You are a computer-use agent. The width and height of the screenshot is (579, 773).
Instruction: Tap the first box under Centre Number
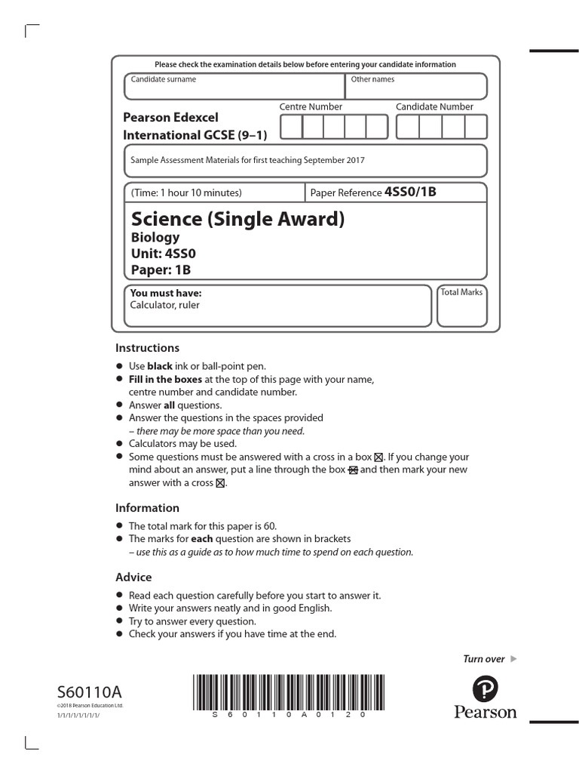[x=291, y=127]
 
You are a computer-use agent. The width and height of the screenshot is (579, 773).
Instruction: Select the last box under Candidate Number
[x=476, y=127]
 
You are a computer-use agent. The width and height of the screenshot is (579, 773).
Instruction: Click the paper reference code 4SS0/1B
[x=410, y=192]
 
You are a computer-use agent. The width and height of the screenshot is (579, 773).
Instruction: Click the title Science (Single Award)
[x=237, y=220]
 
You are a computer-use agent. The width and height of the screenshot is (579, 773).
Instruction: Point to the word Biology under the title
[x=155, y=238]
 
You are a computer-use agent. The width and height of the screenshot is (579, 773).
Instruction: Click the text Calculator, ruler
[x=165, y=305]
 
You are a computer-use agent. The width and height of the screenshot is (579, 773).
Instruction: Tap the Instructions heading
[x=147, y=348]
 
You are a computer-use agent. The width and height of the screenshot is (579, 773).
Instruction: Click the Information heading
[x=147, y=508]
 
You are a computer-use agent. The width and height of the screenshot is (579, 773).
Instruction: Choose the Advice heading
[x=133, y=577]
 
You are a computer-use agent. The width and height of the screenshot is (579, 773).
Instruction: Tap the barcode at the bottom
[x=282, y=691]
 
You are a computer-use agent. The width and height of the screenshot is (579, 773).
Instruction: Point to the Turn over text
[x=483, y=659]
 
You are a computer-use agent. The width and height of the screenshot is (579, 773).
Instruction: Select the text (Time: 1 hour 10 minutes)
[x=186, y=192]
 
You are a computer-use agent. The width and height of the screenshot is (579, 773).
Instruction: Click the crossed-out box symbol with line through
[x=353, y=470]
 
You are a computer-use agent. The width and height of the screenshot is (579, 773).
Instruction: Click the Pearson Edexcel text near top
[x=170, y=118]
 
